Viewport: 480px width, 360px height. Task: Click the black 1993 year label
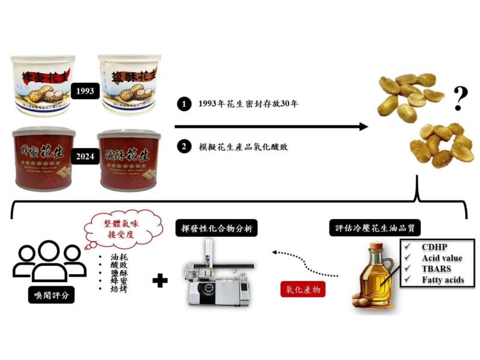[83, 91]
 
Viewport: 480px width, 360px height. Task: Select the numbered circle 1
[182, 104]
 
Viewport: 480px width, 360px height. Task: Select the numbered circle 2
[182, 147]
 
